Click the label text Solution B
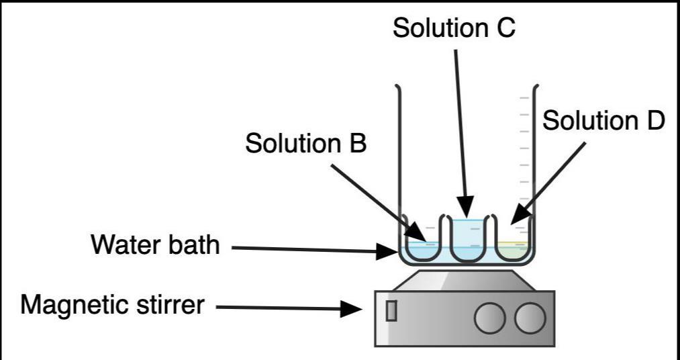click(x=305, y=143)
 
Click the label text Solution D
click(x=603, y=121)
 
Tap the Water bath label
click(x=154, y=245)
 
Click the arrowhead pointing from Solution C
click(x=467, y=208)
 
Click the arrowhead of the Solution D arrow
click(x=516, y=218)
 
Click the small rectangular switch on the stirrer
click(x=391, y=310)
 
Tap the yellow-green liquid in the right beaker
click(x=514, y=251)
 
